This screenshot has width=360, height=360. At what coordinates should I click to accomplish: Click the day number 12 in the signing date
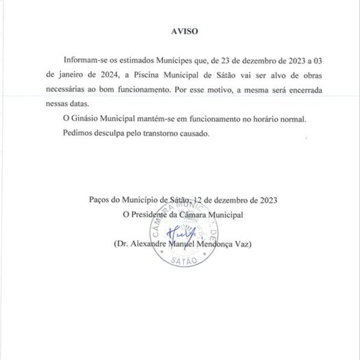(202, 199)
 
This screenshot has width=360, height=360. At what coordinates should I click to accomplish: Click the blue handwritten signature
(177, 232)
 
